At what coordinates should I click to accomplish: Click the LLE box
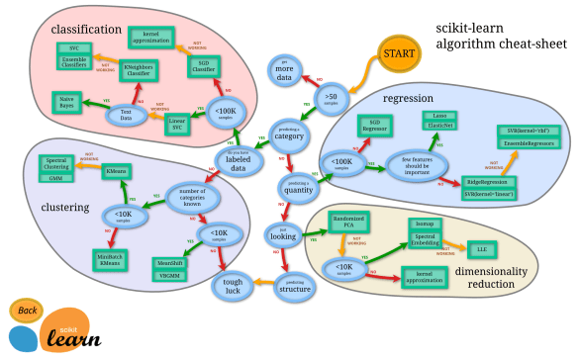click(484, 246)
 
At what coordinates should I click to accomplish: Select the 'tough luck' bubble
click(233, 286)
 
